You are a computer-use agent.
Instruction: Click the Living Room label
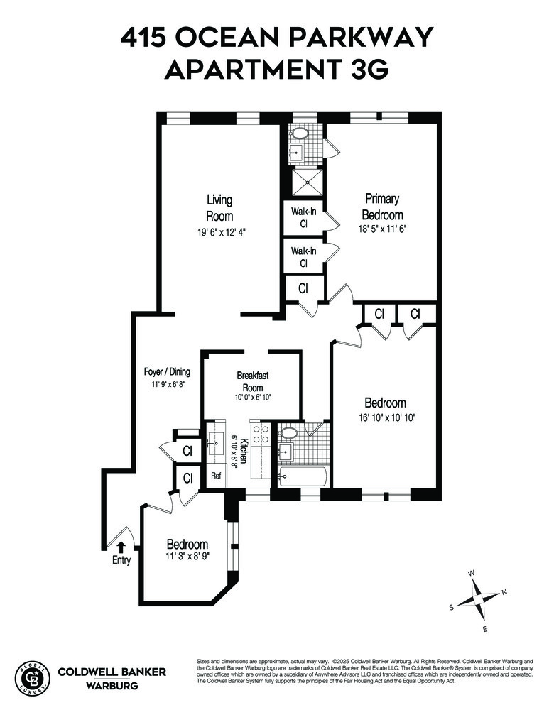[219, 208]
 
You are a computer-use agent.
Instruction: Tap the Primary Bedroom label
[382, 207]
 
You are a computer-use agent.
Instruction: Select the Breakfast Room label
[253, 381]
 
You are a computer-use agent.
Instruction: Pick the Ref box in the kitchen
[216, 476]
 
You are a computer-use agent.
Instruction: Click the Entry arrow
[121, 547]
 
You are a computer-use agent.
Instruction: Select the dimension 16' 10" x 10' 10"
[386, 418]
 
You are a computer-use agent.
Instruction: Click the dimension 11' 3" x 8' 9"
[187, 557]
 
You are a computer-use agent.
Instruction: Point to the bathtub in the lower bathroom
[302, 477]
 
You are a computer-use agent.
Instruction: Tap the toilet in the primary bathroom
[300, 133]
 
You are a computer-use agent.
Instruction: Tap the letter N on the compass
[504, 591]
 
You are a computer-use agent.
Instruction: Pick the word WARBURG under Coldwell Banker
[112, 687]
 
